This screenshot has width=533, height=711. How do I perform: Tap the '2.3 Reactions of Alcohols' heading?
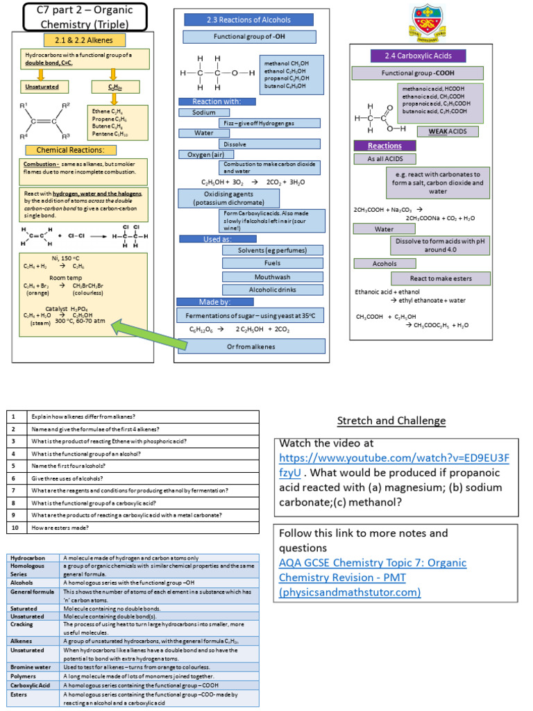248,19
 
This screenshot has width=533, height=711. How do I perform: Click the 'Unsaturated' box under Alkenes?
42,87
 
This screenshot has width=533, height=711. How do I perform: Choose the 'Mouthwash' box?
263,276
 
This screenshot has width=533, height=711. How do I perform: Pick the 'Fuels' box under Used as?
263,263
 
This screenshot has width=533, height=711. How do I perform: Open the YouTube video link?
394,465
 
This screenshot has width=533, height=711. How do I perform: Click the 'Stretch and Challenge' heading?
391,421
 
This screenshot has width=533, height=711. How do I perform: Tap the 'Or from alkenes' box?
251,346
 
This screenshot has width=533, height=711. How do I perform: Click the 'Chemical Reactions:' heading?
61,150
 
